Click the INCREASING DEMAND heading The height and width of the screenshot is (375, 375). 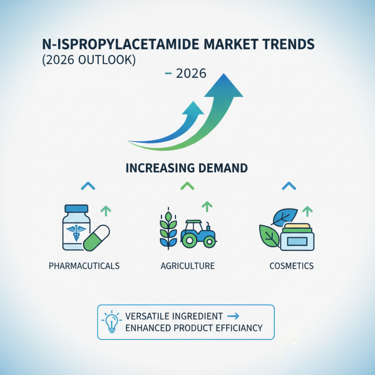(x=187, y=168)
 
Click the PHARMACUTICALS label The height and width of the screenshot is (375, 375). (x=84, y=266)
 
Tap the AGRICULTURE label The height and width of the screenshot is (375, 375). (x=187, y=266)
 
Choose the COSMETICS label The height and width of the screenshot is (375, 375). (x=292, y=266)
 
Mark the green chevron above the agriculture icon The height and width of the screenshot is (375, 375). (x=187, y=186)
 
